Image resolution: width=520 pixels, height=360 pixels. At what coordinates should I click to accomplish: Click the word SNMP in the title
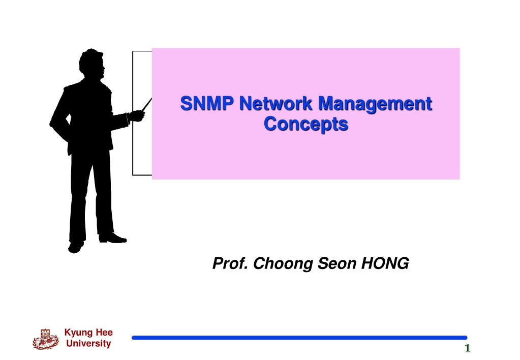[x=207, y=103]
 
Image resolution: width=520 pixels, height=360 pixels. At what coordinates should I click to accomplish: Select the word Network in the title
[x=276, y=103]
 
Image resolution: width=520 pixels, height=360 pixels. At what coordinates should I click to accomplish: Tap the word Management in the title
[x=375, y=105]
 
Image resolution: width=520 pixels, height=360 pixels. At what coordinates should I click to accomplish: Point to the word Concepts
[x=306, y=125]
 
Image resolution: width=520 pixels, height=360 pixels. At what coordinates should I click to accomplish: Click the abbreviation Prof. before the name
[x=230, y=263]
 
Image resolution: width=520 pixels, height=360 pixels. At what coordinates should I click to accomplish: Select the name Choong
[x=283, y=264]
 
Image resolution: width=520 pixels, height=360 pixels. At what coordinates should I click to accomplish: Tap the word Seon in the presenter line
[x=337, y=263]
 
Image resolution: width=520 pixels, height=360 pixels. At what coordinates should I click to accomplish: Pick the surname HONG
[x=385, y=263]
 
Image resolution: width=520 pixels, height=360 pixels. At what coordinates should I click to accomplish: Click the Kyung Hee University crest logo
[x=46, y=339]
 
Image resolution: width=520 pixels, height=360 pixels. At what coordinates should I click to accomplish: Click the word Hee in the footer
[x=104, y=332]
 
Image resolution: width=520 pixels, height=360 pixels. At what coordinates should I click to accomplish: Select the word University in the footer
[x=88, y=343]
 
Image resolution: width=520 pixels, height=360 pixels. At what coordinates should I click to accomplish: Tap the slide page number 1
[x=468, y=348]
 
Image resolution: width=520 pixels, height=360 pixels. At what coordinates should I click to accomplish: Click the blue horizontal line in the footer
[x=299, y=338]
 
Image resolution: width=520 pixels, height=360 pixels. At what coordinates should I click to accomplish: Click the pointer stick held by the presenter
[x=146, y=105]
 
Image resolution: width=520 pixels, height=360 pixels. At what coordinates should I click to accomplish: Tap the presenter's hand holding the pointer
[x=137, y=116]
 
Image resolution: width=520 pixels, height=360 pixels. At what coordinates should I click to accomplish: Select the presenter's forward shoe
[x=113, y=238]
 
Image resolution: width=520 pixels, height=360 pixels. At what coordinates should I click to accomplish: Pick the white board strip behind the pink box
[x=142, y=113]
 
